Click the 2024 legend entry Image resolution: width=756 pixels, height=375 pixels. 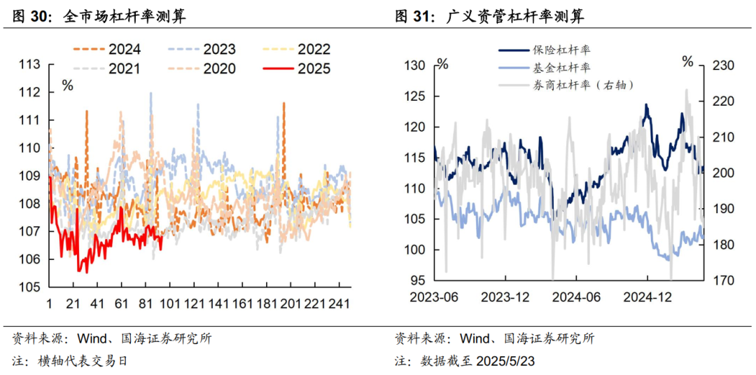[107, 49]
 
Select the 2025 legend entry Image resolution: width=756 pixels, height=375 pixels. [297, 69]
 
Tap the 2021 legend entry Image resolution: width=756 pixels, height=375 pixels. [107, 69]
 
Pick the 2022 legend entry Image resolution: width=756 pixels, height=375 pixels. [297, 49]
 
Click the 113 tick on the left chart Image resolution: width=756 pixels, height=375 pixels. [29, 64]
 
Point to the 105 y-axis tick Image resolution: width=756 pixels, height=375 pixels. [29, 287]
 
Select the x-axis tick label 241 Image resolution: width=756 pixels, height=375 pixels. [339, 305]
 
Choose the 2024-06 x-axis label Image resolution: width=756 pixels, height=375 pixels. [577, 297]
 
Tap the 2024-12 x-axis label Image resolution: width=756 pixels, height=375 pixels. [647, 297]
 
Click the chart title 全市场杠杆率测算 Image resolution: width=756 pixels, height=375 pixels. [125, 17]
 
